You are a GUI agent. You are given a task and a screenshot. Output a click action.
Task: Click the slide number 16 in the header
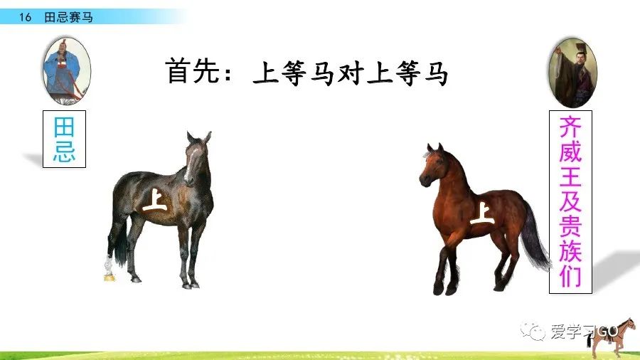coord(26,17)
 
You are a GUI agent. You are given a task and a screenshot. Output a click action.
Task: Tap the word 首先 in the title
coord(191,73)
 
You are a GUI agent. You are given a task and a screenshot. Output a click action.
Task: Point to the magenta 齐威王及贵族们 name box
coord(570,201)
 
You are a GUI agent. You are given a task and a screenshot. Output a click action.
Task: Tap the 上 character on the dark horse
coord(154,200)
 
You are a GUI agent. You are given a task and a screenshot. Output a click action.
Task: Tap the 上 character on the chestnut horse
coord(483,212)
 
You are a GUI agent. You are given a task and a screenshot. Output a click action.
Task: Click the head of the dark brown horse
coord(196,156)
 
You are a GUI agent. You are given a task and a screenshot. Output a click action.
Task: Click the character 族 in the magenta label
coord(570,250)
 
